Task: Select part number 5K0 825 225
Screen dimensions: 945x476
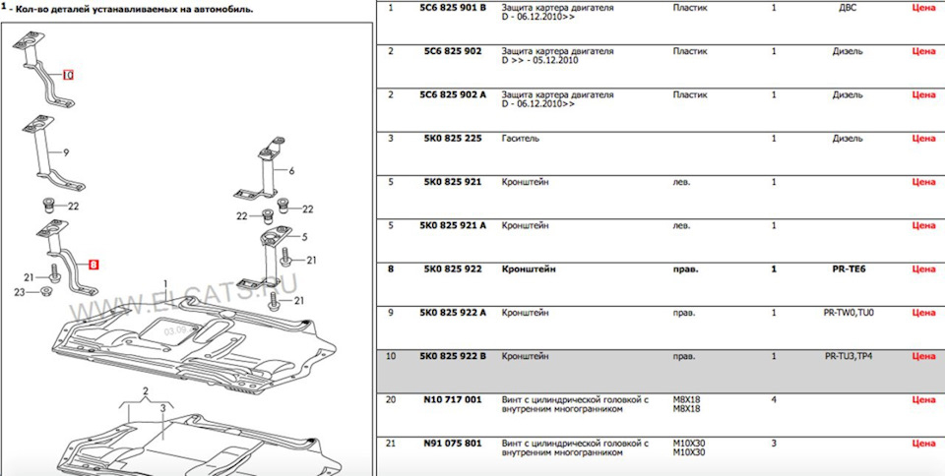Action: coord(446,138)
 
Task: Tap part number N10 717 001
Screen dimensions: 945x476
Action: coord(446,399)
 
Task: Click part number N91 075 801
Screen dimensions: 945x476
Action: coord(446,444)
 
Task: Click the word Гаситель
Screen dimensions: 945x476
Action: coord(520,138)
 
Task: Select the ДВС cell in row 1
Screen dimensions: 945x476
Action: coord(847,7)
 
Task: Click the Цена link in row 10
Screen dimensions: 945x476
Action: coord(923,356)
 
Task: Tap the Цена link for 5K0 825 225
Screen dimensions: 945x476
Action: coord(923,138)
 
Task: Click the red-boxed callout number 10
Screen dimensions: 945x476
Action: coord(68,75)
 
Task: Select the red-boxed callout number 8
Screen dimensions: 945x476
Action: coord(94,265)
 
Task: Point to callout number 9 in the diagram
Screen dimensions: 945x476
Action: coord(66,152)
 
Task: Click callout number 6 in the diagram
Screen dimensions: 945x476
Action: coord(291,170)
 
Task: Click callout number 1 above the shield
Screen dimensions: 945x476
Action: coord(164,283)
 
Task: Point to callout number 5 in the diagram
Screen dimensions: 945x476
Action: coord(304,237)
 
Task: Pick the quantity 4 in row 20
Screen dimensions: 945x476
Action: coord(773,399)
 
